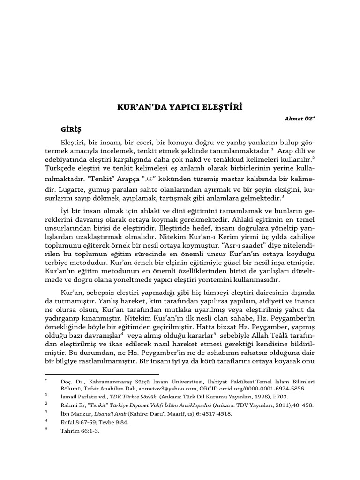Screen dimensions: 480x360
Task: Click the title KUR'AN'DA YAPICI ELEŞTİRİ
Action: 180,106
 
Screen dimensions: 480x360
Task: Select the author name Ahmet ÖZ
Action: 296,119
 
